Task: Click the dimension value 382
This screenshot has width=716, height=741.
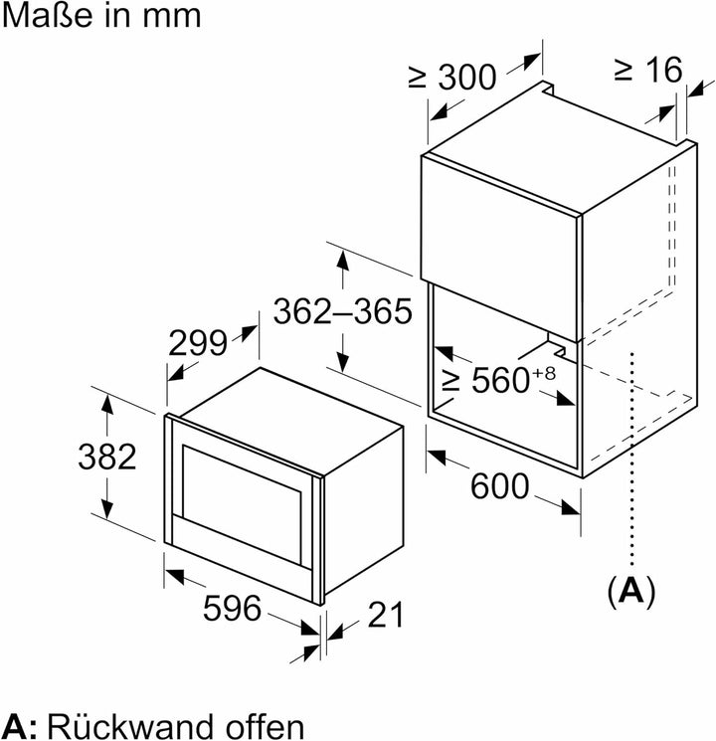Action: pyautogui.click(x=107, y=457)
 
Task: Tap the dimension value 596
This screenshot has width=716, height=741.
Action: pyautogui.click(x=232, y=608)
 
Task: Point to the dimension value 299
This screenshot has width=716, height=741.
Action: pyautogui.click(x=198, y=343)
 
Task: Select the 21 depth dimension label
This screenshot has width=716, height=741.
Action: pyautogui.click(x=386, y=615)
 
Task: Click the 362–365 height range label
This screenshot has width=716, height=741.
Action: pyautogui.click(x=343, y=311)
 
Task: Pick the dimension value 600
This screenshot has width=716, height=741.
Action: pyautogui.click(x=499, y=486)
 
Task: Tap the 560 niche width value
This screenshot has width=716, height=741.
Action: pyautogui.click(x=500, y=380)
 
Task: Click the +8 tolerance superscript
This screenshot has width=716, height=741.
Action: pyautogui.click(x=544, y=373)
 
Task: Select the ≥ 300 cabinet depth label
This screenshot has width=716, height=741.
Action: pyautogui.click(x=452, y=77)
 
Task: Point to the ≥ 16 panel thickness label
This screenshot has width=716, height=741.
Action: pyautogui.click(x=648, y=70)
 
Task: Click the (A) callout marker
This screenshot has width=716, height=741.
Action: pyautogui.click(x=631, y=591)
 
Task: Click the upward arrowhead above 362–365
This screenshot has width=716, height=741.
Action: pyautogui.click(x=343, y=261)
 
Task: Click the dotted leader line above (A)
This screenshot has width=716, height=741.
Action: pyautogui.click(x=632, y=459)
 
